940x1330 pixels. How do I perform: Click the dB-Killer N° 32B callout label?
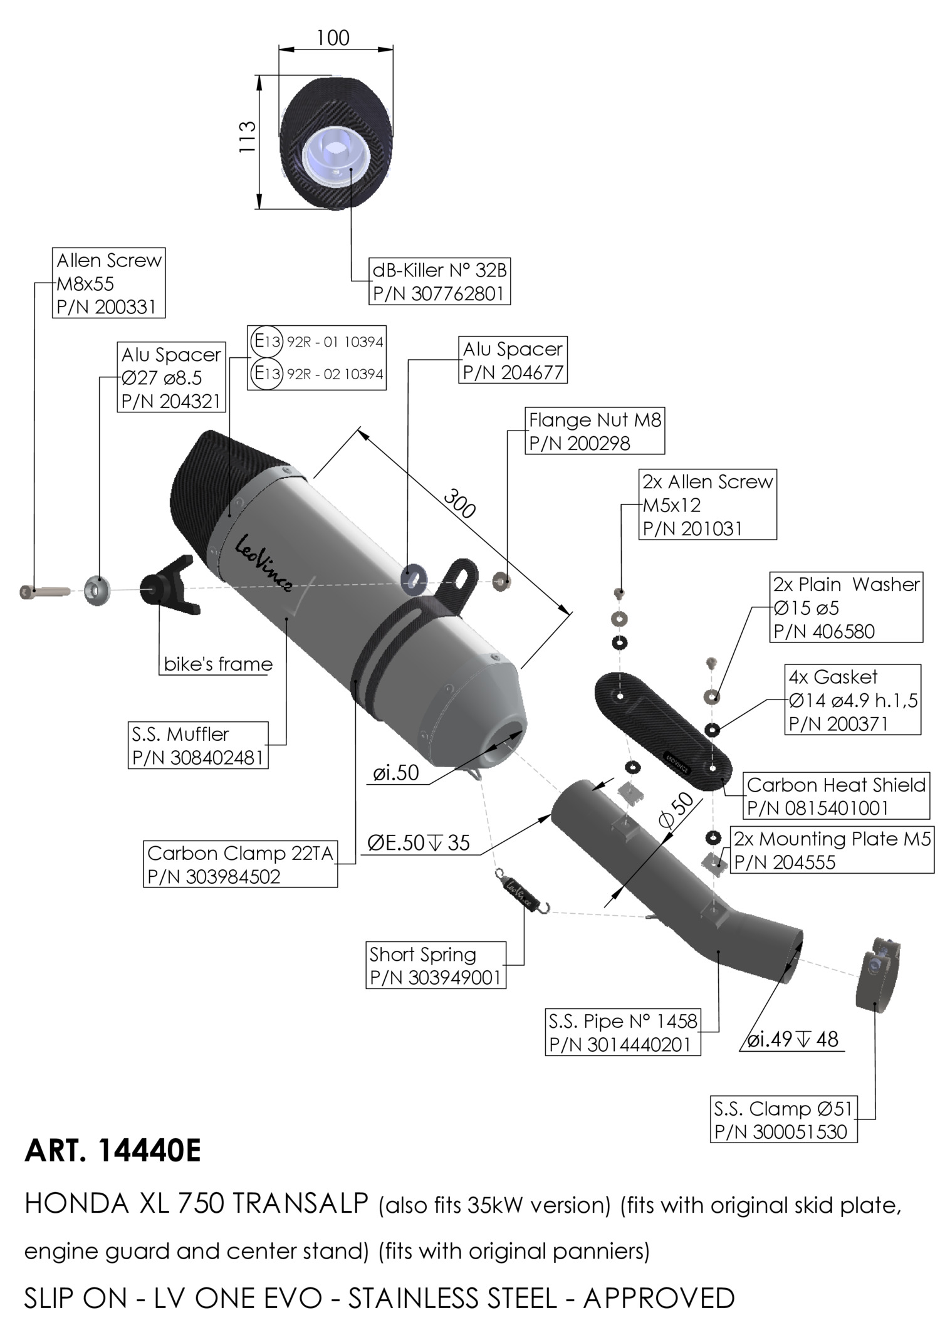(x=439, y=281)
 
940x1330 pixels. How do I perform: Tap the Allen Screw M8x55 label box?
(x=109, y=283)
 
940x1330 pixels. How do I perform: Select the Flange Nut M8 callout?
(x=594, y=431)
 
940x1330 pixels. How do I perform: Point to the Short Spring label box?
(x=436, y=965)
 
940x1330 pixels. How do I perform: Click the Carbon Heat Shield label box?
(x=836, y=796)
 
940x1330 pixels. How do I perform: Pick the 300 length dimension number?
(x=459, y=503)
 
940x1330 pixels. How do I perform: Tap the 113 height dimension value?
(x=247, y=137)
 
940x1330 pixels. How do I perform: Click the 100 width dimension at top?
(x=333, y=38)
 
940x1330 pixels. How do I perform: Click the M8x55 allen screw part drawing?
(x=44, y=591)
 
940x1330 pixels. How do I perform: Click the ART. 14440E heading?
(x=113, y=1151)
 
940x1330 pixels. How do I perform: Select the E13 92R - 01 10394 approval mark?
(x=316, y=342)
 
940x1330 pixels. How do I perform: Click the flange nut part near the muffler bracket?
(x=501, y=581)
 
